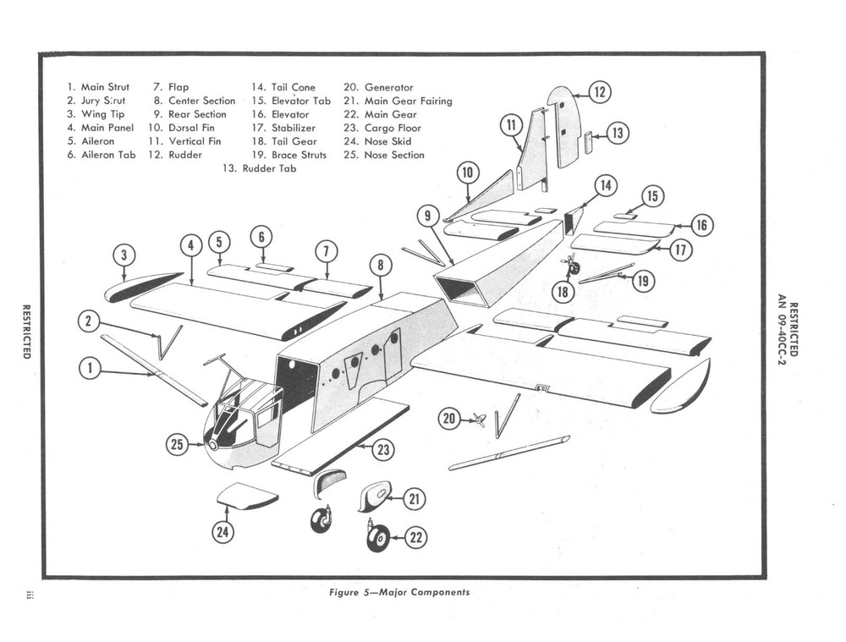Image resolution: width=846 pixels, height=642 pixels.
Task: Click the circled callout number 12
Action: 599,92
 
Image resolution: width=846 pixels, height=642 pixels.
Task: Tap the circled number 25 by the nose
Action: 177,445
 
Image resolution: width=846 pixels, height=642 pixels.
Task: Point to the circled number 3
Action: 124,255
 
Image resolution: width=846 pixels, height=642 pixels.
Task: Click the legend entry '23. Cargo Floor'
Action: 393,128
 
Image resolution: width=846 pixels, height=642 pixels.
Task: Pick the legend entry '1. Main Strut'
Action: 98,87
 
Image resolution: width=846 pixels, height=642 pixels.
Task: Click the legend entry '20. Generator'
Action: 378,87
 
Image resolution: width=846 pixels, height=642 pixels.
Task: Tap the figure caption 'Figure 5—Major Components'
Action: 399,592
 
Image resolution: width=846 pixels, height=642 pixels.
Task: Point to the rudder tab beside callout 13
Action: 588,140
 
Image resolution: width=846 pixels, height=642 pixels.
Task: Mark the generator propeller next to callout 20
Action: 479,420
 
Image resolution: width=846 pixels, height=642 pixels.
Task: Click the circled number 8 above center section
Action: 381,266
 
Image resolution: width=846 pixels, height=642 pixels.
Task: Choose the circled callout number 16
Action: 701,225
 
